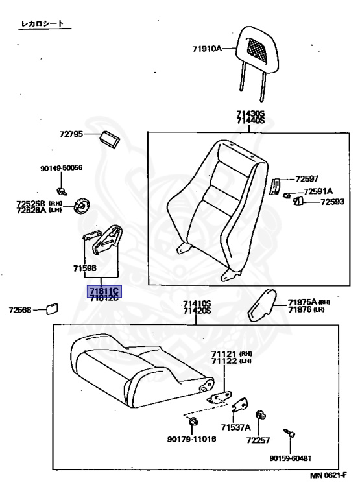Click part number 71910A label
207,48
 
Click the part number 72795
71,134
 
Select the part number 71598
84,267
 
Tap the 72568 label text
19,310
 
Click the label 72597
307,178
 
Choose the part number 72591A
318,191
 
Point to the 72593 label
333,202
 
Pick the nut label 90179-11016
191,440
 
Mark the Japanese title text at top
44,23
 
